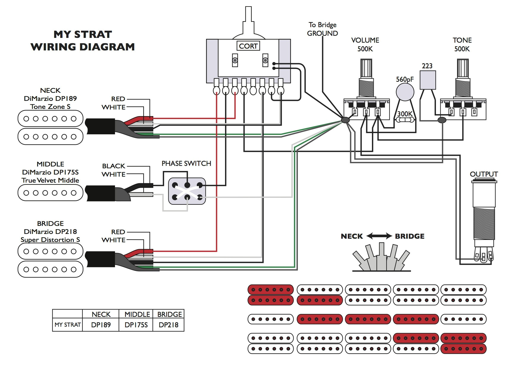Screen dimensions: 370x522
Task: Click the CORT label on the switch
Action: pyautogui.click(x=248, y=46)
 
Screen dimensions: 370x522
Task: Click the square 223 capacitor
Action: pyautogui.click(x=428, y=80)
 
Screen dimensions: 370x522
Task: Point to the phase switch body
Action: pyautogui.click(x=187, y=191)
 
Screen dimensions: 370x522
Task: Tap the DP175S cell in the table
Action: pyautogui.click(x=136, y=325)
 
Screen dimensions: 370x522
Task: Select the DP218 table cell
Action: pyautogui.click(x=169, y=325)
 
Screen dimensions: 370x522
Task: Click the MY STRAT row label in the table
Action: pyautogui.click(x=68, y=325)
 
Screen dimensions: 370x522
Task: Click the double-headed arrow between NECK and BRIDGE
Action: pyautogui.click(x=379, y=236)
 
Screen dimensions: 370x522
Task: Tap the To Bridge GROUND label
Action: pyautogui.click(x=322, y=29)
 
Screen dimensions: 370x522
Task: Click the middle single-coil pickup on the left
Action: pyautogui.click(x=50, y=193)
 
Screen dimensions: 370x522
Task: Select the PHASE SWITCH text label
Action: pyautogui.click(x=186, y=164)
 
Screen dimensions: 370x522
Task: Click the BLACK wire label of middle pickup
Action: pyautogui.click(x=113, y=166)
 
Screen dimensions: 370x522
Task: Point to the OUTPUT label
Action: pyautogui.click(x=484, y=174)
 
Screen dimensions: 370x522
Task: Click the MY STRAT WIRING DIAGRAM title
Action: pyautogui.click(x=82, y=41)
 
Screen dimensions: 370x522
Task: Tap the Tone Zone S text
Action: pyautogui.click(x=50, y=107)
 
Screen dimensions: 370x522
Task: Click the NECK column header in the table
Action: pyautogui.click(x=101, y=314)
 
